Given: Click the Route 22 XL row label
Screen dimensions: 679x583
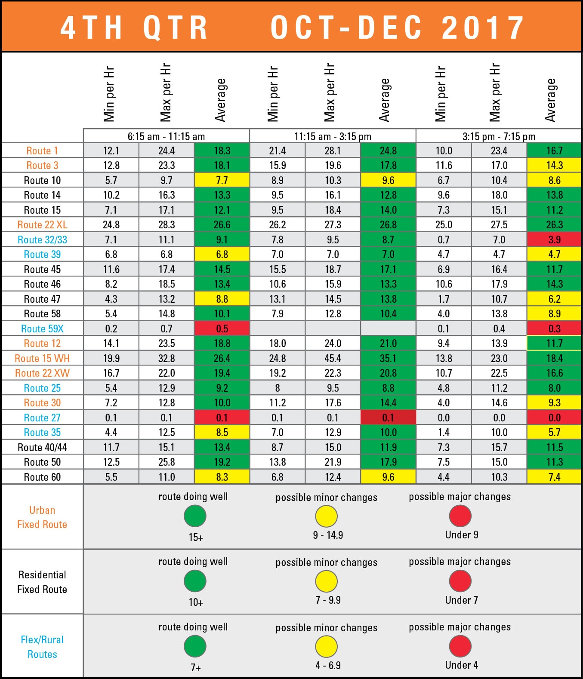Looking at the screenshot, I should point(42,225).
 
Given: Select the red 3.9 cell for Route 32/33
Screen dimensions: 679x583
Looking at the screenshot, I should point(554,240).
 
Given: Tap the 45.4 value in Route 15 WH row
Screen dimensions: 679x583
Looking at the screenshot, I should point(333,358).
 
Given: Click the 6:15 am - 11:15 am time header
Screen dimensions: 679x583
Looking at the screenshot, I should point(166,137).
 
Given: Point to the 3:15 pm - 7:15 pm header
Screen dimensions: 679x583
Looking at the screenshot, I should point(499,137).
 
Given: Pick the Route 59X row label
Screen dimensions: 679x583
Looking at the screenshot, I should point(42,329).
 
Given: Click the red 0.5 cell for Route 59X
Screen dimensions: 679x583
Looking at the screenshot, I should point(222,329).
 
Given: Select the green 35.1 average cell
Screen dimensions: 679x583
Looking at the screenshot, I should point(388,358).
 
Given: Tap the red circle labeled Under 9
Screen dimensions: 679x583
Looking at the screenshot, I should point(460,516).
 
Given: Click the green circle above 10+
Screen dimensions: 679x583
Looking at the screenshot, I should point(195,581).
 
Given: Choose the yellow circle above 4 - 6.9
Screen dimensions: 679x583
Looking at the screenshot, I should point(326,646).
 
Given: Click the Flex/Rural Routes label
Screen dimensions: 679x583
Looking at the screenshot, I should point(42,647).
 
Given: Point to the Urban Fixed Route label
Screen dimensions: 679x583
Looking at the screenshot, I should point(42,517).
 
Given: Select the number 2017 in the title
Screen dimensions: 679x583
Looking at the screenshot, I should point(483,28).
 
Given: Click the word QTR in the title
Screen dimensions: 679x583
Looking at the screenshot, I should point(175,28).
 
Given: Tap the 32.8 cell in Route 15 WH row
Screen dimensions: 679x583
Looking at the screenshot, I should point(167,358).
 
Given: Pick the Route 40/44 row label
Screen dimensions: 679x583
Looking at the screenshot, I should point(42,448).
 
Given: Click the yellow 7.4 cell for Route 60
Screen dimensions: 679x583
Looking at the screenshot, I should point(554,477).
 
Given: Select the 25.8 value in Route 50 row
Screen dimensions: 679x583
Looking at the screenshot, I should point(167,462).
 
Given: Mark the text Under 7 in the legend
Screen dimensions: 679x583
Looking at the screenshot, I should point(461,600).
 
